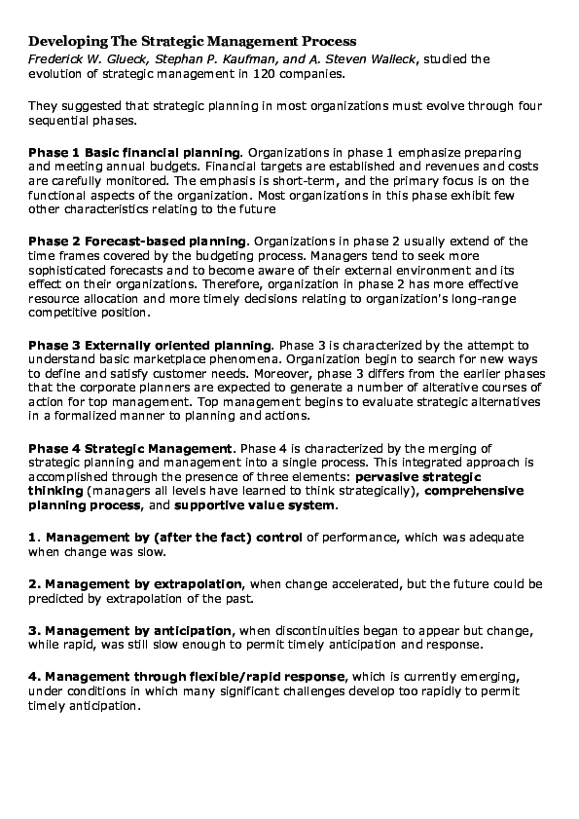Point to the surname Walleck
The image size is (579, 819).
386,58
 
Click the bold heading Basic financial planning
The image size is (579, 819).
163,153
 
